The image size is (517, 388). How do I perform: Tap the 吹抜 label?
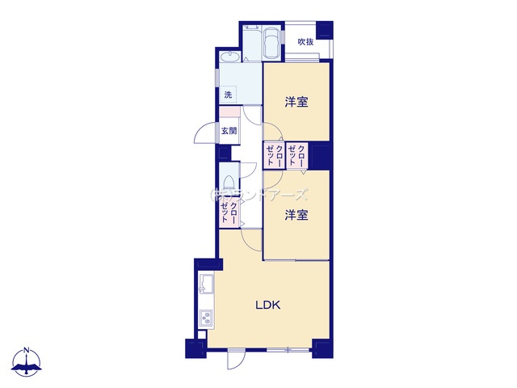tap(305, 42)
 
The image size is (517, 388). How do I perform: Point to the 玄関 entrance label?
tap(229, 131)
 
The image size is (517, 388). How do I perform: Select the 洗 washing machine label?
tap(228, 95)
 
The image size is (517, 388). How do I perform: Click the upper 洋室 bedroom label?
tap(296, 102)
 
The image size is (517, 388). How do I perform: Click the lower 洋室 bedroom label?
tap(296, 215)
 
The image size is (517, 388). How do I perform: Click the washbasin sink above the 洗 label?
tap(230, 57)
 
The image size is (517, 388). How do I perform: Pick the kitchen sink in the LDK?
tap(205, 285)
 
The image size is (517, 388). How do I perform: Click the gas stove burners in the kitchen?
tap(205, 318)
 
